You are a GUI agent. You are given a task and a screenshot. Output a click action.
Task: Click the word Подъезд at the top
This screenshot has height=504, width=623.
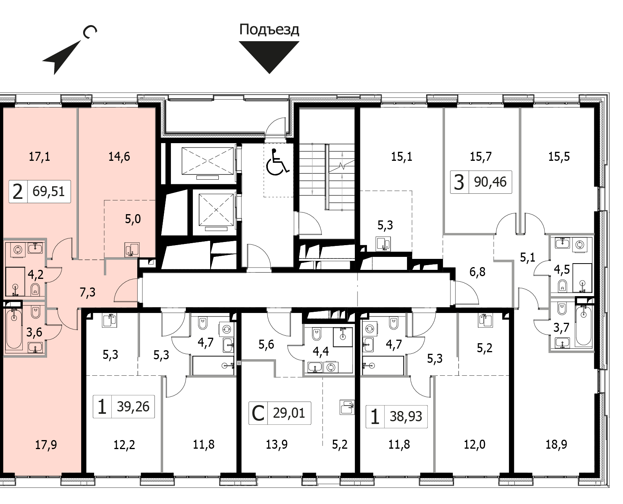tap(269, 30)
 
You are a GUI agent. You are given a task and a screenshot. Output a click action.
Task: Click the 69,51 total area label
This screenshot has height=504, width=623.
tap(49, 191)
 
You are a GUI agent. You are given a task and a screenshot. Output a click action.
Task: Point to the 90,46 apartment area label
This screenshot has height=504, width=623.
tap(490, 182)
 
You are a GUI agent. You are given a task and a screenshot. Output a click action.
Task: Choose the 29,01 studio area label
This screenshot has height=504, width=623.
tap(289, 413)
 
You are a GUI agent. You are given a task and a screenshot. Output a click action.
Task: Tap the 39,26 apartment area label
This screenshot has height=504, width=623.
tap(133, 406)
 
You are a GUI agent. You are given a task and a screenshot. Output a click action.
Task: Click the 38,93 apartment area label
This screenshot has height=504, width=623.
tap(406, 416)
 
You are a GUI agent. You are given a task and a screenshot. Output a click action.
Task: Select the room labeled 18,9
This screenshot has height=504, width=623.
tap(556, 445)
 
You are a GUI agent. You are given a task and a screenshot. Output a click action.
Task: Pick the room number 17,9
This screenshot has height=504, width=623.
tap(46, 445)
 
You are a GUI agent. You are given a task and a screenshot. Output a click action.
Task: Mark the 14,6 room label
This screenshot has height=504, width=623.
tap(119, 157)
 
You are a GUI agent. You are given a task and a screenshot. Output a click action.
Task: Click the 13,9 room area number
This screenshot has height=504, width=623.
tap(276, 445)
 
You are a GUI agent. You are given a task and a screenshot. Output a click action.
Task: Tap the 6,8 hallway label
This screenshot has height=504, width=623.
tap(477, 272)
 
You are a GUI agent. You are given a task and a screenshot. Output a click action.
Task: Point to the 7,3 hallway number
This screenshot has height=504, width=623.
tap(87, 292)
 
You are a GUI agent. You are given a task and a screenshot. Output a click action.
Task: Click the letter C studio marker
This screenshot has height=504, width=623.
tap(258, 413)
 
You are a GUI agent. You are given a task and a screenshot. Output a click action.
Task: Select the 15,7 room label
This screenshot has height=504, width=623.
tap(481, 157)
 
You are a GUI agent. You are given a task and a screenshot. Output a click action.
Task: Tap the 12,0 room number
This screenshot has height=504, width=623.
tap(474, 445)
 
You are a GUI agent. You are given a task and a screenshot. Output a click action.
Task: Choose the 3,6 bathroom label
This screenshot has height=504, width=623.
tap(34, 332)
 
